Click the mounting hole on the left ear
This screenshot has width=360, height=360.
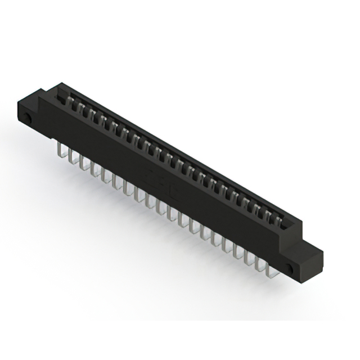tap(27, 119)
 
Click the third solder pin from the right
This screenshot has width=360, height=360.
tap(249, 258)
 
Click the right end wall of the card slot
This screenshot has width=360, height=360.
tap(292, 225)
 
